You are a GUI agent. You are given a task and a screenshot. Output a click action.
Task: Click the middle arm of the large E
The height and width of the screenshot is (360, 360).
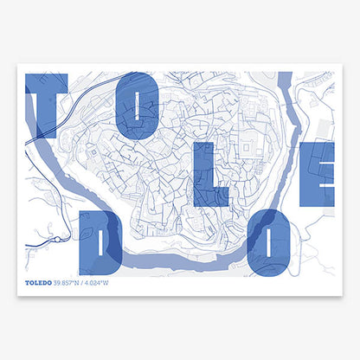click(319, 173)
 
